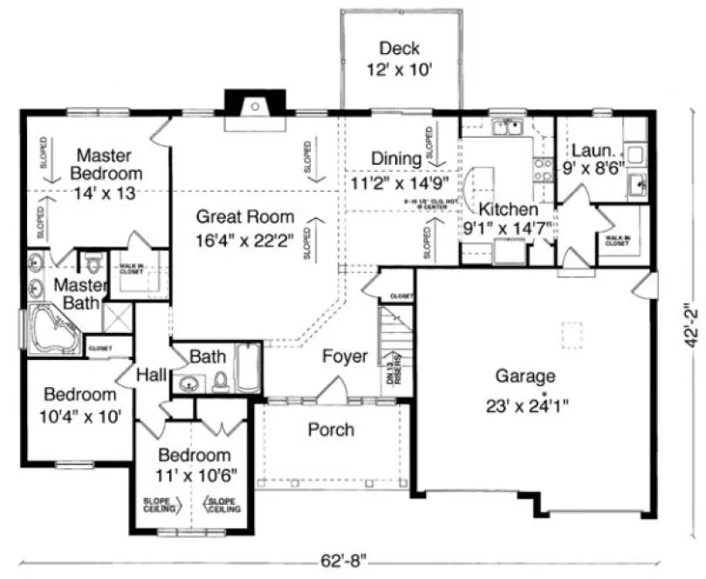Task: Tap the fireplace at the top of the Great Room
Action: click(252, 110)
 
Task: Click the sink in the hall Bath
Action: click(187, 383)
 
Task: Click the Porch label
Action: click(331, 430)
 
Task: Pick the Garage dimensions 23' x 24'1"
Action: click(525, 405)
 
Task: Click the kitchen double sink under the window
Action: click(508, 130)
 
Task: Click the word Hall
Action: click(152, 374)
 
